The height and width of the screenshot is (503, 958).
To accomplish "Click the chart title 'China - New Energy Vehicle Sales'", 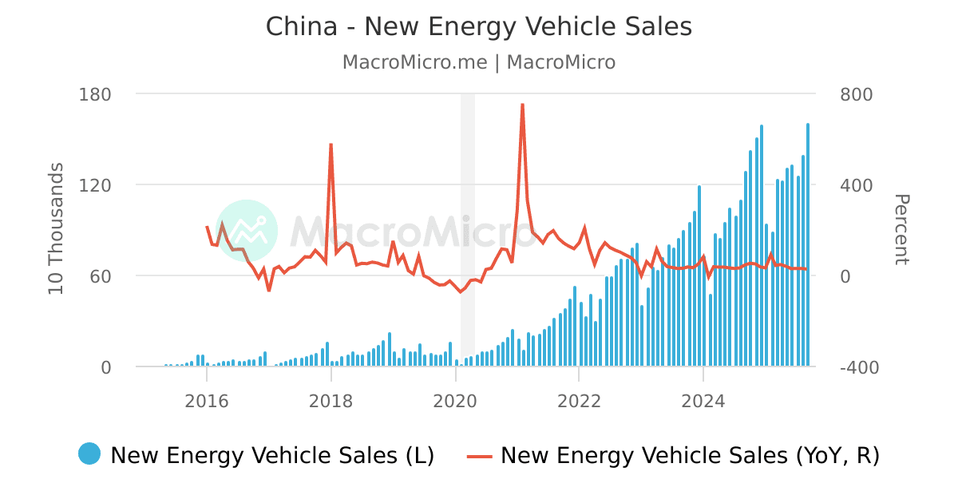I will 478,27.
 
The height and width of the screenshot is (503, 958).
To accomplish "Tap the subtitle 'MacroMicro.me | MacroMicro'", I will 478,62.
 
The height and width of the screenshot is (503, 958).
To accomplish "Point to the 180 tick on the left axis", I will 95,94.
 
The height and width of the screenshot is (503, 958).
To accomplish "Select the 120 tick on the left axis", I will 95,185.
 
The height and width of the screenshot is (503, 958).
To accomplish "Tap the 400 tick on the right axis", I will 857,185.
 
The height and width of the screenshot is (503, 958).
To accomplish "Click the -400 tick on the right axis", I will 859,367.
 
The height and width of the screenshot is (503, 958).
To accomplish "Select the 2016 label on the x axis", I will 207,401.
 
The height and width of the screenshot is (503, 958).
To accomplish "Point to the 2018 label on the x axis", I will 331,401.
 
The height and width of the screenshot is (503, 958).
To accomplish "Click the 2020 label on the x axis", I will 455,401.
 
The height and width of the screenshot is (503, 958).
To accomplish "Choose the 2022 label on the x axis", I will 579,401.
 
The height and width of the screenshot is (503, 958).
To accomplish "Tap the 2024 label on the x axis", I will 703,401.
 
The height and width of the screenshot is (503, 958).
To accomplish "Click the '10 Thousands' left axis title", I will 57,229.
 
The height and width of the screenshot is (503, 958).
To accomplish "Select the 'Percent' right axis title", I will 901,229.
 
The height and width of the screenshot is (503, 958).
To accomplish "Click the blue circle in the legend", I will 89,453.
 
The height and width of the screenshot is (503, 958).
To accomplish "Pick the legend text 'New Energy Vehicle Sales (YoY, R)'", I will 690,455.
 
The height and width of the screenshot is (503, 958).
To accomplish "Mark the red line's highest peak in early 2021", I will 522,105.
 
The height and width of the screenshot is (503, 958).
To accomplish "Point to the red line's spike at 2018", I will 331,145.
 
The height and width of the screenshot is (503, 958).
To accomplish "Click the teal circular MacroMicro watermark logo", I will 247,230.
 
